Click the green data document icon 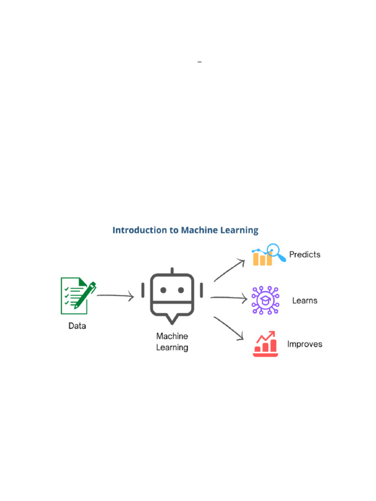(x=75, y=296)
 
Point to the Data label (x=77, y=325)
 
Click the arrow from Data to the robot (x=116, y=296)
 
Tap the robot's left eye (x=163, y=290)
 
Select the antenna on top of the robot (x=172, y=271)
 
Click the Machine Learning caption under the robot (x=172, y=342)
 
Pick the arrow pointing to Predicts (x=229, y=270)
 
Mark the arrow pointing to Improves (x=229, y=328)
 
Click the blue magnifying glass (x=277, y=252)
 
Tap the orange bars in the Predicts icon (x=262, y=259)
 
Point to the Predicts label (x=305, y=254)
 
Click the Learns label (x=305, y=300)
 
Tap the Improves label (x=305, y=344)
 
